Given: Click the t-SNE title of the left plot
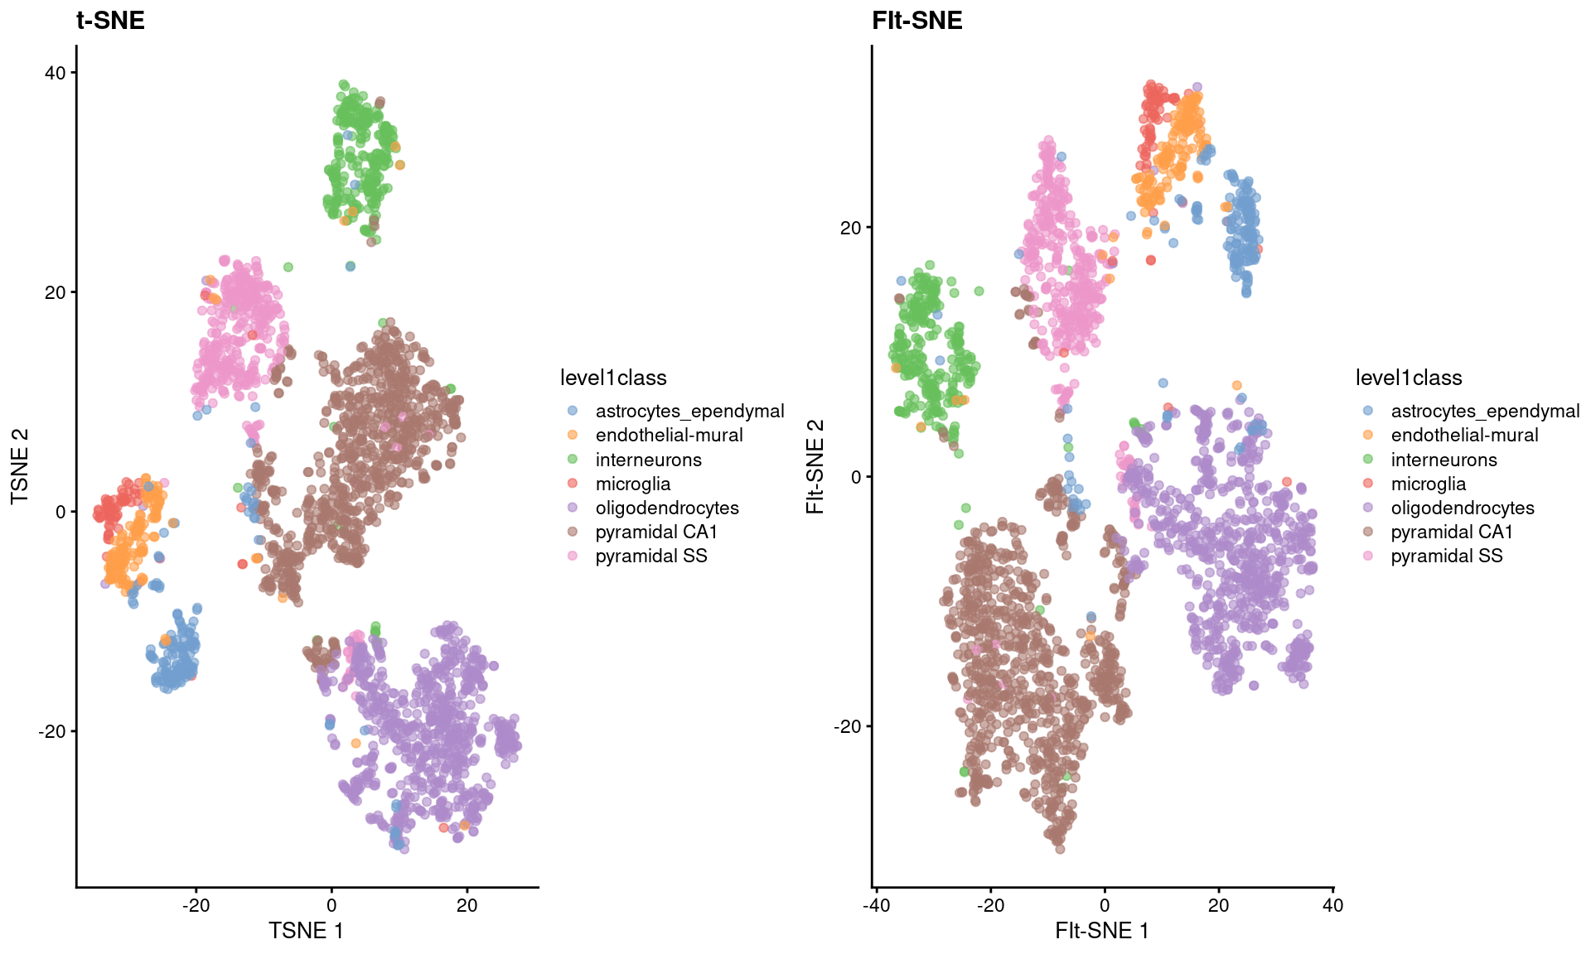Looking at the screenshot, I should [x=110, y=21].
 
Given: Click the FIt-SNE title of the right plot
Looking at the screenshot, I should [x=916, y=21].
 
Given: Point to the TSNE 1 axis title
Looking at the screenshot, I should [x=306, y=931].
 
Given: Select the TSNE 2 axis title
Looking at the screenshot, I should [x=20, y=466].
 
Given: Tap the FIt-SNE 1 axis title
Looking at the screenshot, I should [x=1101, y=931].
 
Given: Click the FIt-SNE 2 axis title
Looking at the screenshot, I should [x=815, y=466].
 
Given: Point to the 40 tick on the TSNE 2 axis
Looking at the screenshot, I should [x=56, y=73].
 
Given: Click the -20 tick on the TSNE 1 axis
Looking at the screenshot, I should [x=196, y=905].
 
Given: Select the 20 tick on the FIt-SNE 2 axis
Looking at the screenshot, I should [x=851, y=228].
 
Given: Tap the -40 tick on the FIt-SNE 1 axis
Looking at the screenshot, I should [x=876, y=905].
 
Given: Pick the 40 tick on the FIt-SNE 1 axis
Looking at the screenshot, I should [x=1332, y=905].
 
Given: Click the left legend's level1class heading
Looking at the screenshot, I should [x=613, y=378].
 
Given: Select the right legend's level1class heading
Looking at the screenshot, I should [x=1409, y=378].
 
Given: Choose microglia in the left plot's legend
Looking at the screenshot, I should [x=633, y=484].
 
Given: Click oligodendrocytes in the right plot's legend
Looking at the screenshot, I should [x=1463, y=508].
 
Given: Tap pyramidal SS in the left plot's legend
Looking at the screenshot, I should [x=651, y=556].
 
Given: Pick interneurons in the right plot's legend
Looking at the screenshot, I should [x=1444, y=460].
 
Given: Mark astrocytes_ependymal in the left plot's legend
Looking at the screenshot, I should [x=689, y=411].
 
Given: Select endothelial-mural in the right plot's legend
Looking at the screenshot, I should [x=1464, y=435].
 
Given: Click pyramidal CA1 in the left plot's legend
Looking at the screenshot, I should [x=656, y=532].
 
